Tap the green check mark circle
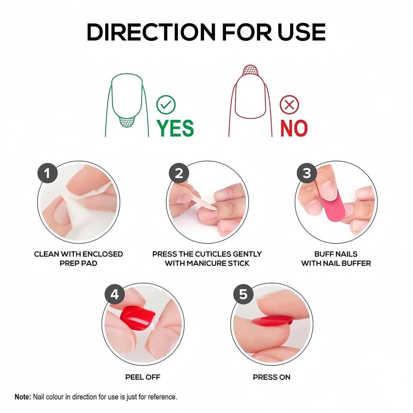coord(166,105)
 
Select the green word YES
coord(175,128)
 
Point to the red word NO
coord(293,128)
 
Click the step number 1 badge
coord(47,173)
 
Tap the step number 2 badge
coord(179,173)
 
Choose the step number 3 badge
coord(307,173)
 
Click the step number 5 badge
coord(243,295)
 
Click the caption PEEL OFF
coord(143,377)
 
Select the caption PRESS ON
coord(272,377)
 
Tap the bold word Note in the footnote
coord(23,397)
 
